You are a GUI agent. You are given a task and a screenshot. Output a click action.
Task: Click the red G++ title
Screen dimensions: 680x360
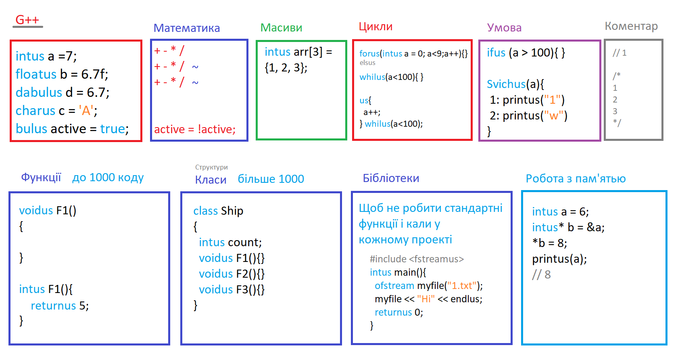coord(27,20)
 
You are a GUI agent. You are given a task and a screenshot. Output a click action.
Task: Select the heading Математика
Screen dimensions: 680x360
coord(187,28)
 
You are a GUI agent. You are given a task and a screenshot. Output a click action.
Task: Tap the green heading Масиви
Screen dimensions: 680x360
coord(282,27)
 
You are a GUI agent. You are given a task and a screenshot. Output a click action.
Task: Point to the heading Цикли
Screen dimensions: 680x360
coord(376,27)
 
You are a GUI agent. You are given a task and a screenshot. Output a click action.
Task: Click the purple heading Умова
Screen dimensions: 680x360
coord(504,27)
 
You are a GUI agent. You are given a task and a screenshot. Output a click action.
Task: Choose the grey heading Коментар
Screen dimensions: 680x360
coord(631,26)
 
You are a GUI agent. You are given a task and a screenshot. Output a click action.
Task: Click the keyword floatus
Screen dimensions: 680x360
coord(36,74)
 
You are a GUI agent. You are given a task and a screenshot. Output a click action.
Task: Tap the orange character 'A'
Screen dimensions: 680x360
coord(86,110)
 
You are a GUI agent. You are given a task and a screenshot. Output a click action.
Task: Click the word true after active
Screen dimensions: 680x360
coord(113,129)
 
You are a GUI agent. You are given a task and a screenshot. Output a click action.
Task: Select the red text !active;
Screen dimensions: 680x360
coord(217,130)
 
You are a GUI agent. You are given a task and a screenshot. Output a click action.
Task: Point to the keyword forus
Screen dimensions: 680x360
coord(369,54)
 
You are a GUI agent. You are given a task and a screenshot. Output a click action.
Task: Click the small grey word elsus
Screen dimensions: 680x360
coord(367,63)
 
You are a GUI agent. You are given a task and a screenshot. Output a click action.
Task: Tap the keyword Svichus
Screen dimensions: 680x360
coord(506,84)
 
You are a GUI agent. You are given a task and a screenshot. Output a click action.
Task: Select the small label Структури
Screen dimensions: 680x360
coord(211,167)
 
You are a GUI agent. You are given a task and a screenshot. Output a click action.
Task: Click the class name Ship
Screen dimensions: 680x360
coord(232,211)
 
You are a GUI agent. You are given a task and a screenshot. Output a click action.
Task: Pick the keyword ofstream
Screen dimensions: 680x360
coord(394,286)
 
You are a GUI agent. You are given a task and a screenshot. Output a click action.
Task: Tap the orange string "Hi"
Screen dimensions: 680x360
coord(426,299)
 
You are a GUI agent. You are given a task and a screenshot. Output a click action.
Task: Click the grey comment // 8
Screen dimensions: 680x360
coord(541,274)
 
